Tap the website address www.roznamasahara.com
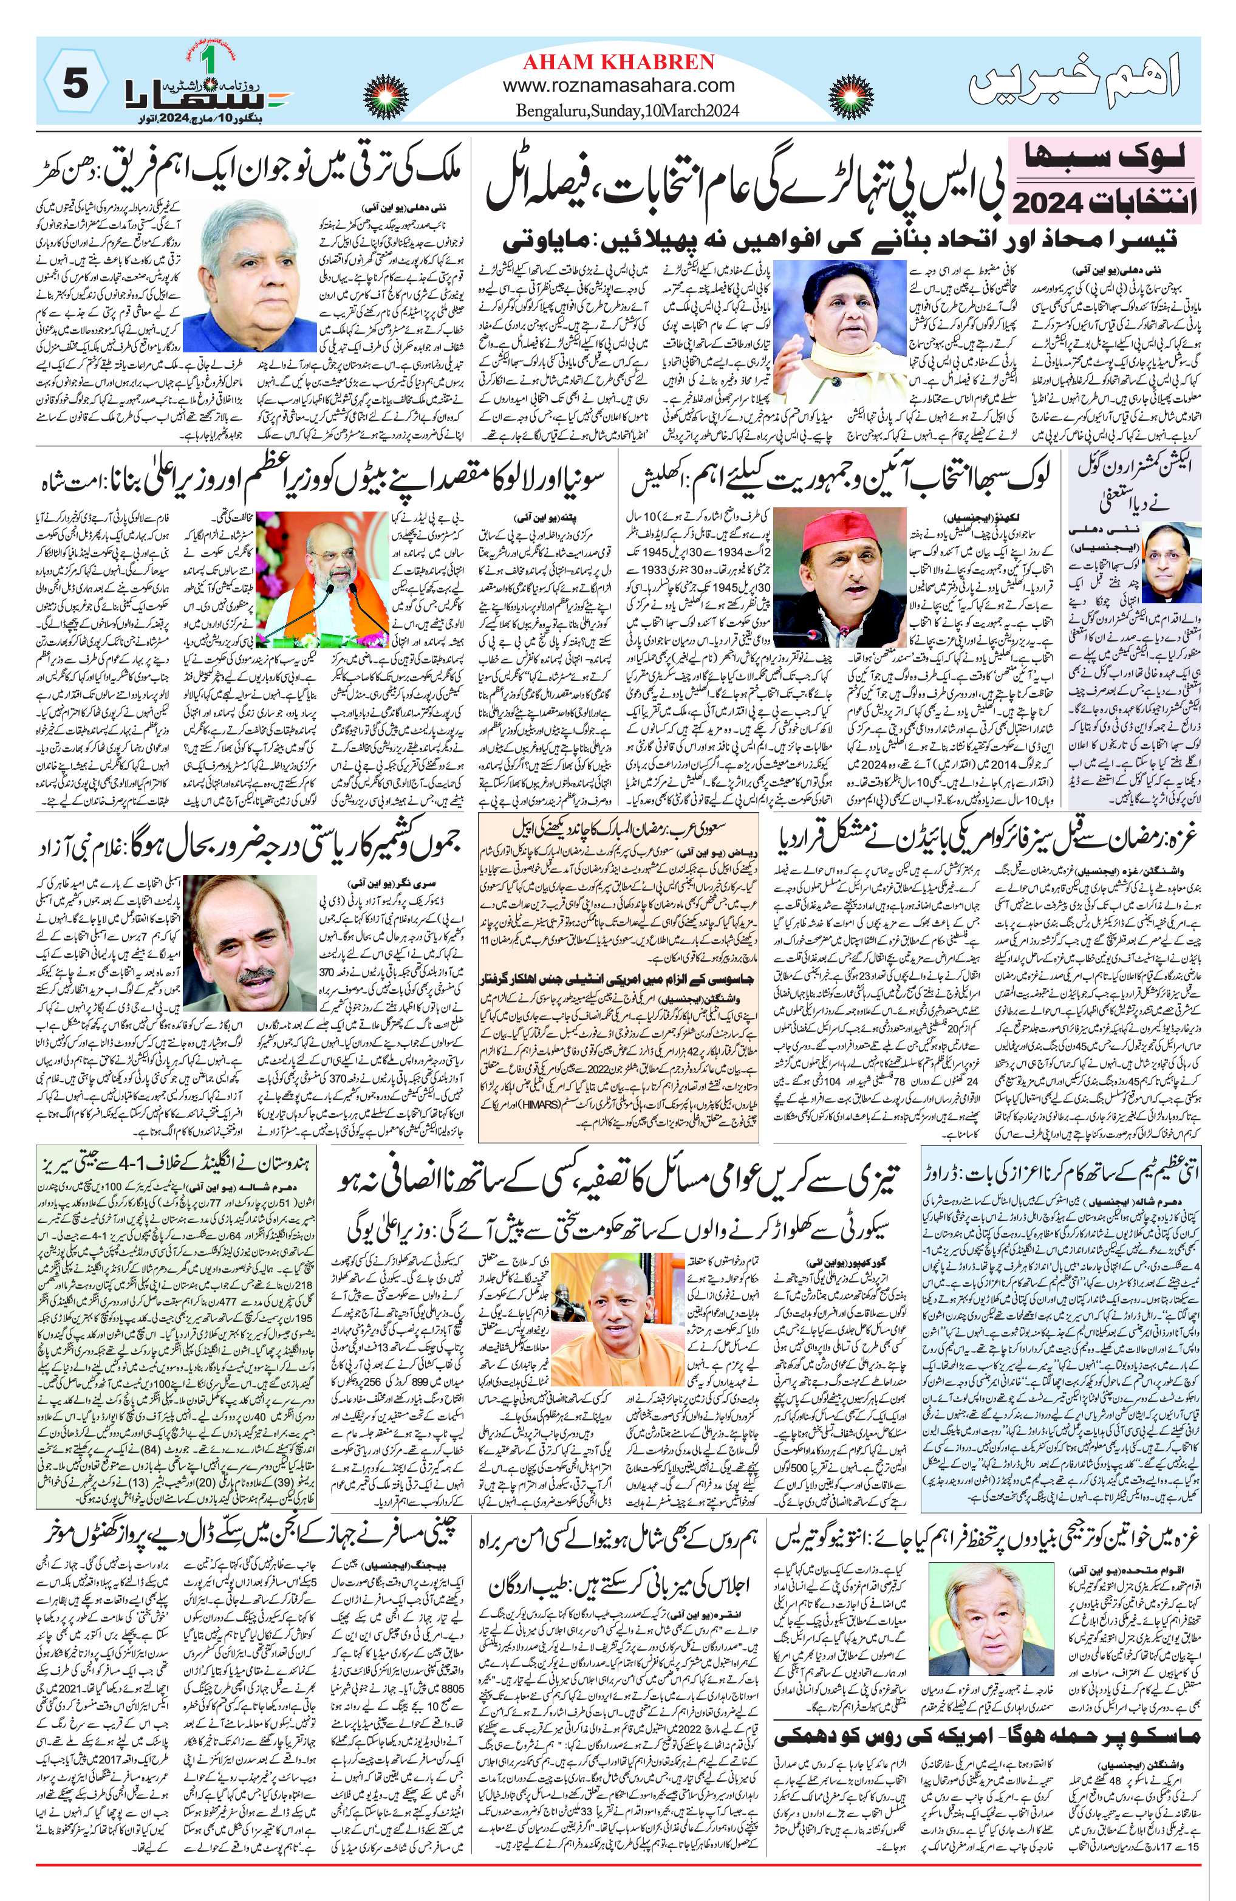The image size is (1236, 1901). [619, 86]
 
